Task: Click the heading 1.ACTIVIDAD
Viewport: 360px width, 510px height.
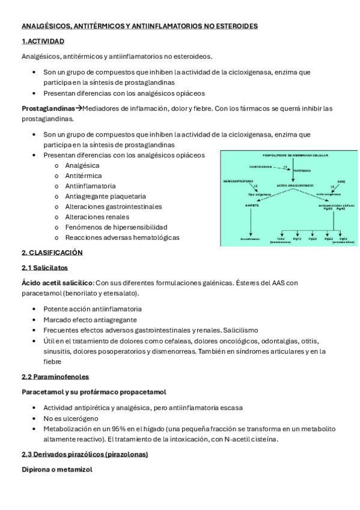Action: (43, 41)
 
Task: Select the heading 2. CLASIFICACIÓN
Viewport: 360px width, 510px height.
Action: (52, 253)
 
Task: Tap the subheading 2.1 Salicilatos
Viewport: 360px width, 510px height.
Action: (44, 268)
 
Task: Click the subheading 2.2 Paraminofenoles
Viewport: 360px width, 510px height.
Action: (55, 376)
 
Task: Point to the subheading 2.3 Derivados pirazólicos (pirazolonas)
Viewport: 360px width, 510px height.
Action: (85, 454)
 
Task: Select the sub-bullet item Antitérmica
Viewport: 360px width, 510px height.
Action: (82, 176)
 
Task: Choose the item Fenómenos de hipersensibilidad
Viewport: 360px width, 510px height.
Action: (108, 227)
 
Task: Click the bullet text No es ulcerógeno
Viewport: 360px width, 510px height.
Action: (70, 418)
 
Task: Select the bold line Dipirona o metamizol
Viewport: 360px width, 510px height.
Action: (57, 470)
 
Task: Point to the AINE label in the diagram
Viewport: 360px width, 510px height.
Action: (341, 180)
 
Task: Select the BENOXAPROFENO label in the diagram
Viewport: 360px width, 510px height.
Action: (239, 180)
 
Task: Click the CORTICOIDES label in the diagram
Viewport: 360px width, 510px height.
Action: (260, 167)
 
